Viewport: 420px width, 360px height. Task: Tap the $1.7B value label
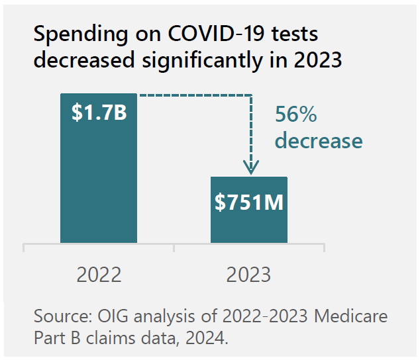99,112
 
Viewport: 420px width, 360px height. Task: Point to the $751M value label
249,202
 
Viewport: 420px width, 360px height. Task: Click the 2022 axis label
99,274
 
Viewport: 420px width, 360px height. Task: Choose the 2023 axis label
248,274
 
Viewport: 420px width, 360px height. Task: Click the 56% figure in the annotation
295,115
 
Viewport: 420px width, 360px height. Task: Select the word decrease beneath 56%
319,141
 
